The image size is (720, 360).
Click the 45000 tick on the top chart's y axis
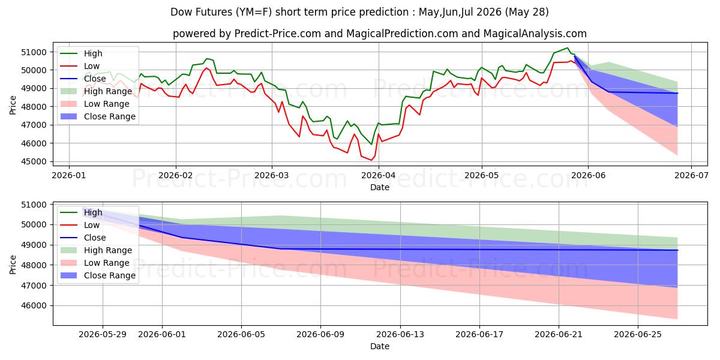34,161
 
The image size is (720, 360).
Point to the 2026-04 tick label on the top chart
379,175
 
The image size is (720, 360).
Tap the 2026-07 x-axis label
691,175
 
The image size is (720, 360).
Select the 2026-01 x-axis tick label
69,175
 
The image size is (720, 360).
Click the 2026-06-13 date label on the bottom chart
400,335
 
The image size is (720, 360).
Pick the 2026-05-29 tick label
103,335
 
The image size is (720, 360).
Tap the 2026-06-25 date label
638,335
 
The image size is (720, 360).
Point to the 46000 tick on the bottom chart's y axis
34,305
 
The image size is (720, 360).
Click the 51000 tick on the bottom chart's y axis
34,205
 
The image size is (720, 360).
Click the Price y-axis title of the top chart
13,105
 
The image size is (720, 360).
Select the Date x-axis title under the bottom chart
380,347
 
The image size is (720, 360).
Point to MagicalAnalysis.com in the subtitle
535,34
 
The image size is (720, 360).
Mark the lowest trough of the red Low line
371,160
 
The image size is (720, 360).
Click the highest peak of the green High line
568,48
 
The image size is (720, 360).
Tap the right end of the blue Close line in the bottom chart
677,250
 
